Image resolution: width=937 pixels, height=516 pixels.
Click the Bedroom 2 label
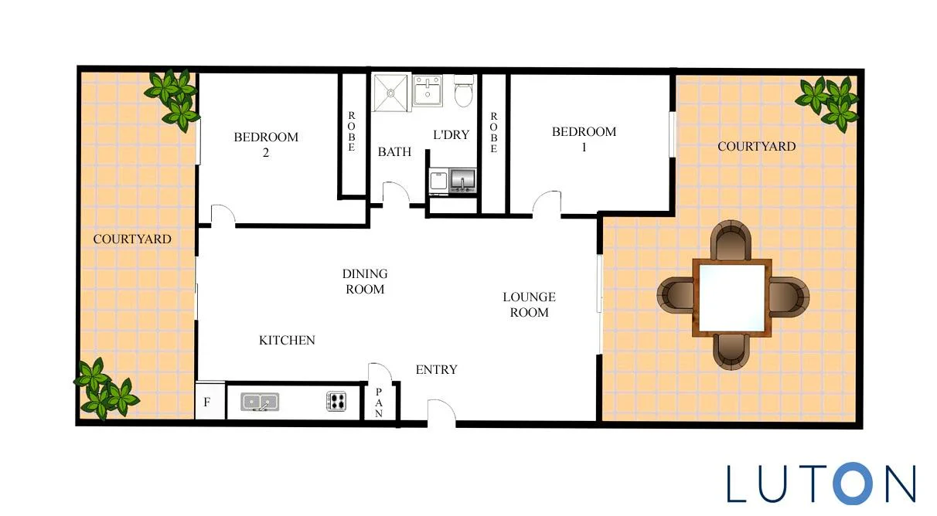(x=266, y=144)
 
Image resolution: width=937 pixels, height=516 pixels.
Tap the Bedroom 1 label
(x=584, y=139)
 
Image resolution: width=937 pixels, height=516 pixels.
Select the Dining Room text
(x=365, y=281)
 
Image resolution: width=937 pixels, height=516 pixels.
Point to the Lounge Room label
(x=529, y=304)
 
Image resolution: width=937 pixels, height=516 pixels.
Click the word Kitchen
(x=287, y=340)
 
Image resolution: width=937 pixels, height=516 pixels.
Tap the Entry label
(x=437, y=369)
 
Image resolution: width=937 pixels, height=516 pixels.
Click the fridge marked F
(x=207, y=402)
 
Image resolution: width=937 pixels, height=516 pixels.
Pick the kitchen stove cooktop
(x=337, y=401)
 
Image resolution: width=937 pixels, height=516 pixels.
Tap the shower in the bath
(x=391, y=93)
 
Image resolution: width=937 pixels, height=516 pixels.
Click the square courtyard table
(x=731, y=297)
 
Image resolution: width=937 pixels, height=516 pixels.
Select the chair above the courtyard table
(x=731, y=240)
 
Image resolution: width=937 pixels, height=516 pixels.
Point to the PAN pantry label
(x=380, y=402)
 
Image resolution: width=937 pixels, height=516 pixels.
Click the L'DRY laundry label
(x=451, y=134)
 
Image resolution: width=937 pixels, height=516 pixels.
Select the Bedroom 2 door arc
(x=222, y=215)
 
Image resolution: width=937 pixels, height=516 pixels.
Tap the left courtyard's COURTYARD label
(x=132, y=239)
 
